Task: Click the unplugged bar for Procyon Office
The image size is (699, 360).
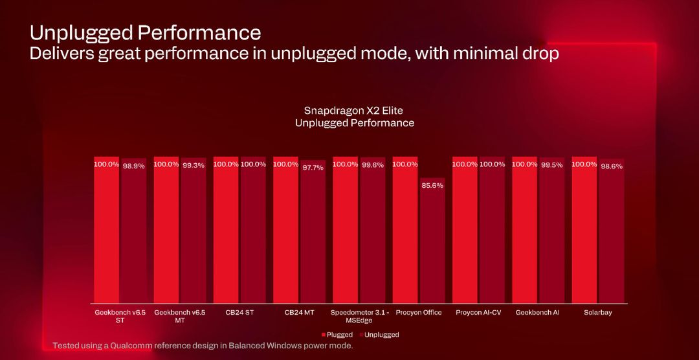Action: (432, 241)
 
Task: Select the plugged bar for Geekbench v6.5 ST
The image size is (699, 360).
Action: (106, 230)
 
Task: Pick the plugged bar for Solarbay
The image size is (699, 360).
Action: (584, 230)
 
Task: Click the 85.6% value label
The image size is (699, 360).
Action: (432, 185)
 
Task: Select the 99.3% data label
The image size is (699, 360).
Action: (194, 165)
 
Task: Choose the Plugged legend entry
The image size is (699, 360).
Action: (337, 335)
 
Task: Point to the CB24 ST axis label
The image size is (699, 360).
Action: (239, 313)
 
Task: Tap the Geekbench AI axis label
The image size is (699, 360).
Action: (537, 313)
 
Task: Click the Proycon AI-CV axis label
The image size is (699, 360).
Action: (478, 313)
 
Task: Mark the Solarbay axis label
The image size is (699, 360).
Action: (597, 313)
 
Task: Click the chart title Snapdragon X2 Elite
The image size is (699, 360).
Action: (354, 111)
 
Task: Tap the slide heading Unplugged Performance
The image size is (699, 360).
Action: (146, 32)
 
